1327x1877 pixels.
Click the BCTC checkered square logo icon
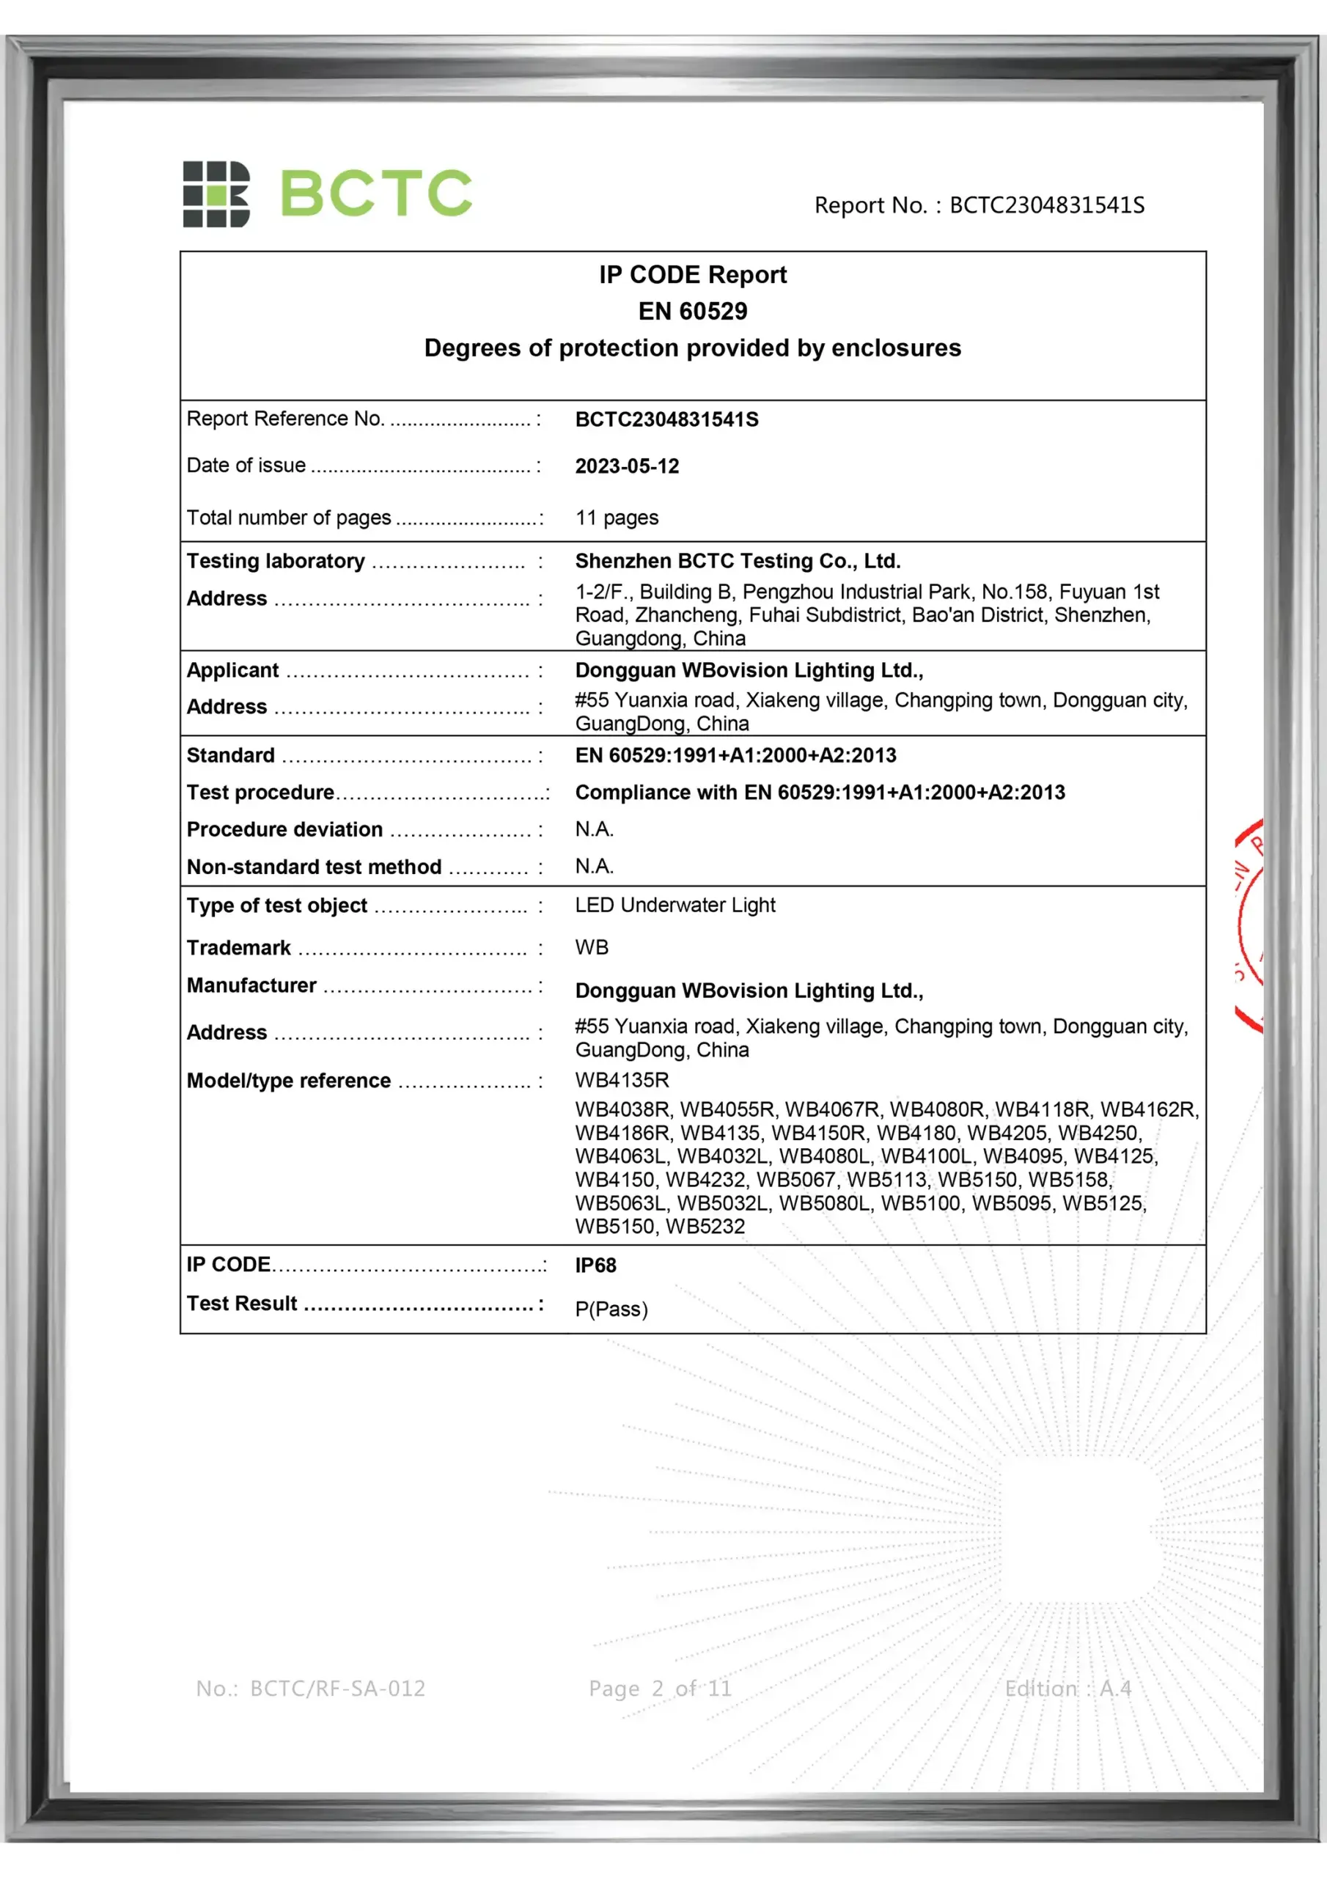tap(216, 194)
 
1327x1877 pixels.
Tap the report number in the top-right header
tap(979, 205)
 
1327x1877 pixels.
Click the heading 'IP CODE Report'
tap(693, 275)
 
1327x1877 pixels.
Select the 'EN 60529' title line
tap(693, 312)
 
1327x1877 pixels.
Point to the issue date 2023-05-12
tap(627, 466)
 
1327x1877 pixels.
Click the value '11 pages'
tap(617, 518)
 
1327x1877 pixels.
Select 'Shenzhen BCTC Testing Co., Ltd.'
tap(738, 561)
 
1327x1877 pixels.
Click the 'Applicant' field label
tap(233, 670)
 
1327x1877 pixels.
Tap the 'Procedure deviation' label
tap(284, 830)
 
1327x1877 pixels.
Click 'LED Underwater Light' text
tap(674, 905)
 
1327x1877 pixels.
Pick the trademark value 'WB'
tap(591, 947)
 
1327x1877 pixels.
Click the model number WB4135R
tap(622, 1080)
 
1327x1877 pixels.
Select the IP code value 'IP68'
tap(595, 1266)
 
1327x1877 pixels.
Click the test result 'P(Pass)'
tap(611, 1309)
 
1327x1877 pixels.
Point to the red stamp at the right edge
tap(1249, 924)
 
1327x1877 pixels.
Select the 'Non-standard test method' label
tap(314, 867)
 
